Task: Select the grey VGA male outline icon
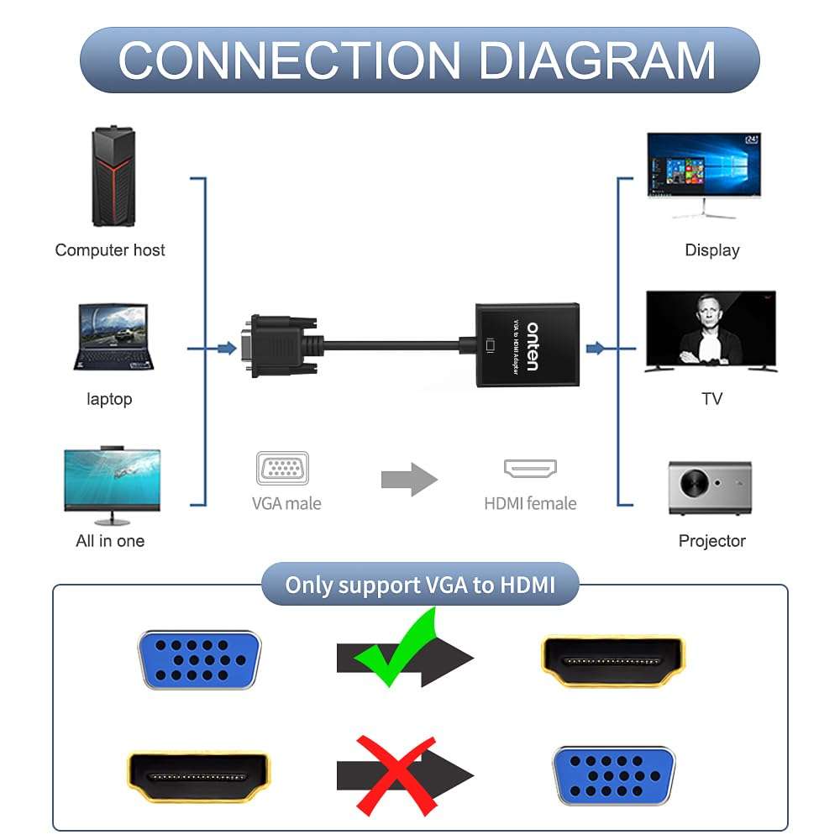283,468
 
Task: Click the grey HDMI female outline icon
531,469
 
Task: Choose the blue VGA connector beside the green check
199,659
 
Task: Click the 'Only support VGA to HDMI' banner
420,585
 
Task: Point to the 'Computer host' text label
110,250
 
